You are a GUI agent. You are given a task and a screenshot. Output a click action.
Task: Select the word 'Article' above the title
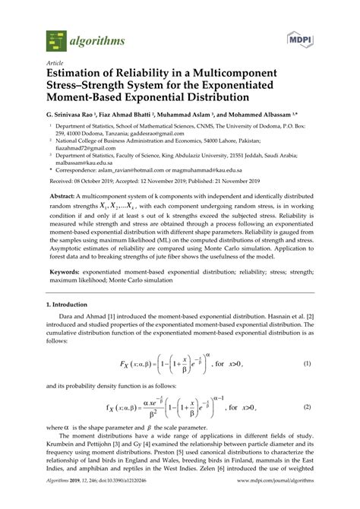click(x=54, y=64)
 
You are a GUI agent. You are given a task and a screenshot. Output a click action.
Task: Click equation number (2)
click(x=308, y=407)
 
